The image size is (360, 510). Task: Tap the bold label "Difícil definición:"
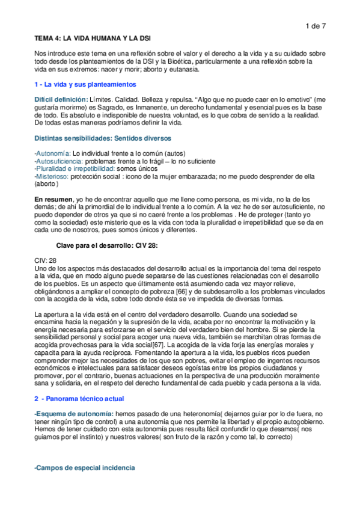tap(61, 99)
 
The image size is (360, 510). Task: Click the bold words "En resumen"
tap(52, 199)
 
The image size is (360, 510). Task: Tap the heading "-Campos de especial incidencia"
tap(85, 467)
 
